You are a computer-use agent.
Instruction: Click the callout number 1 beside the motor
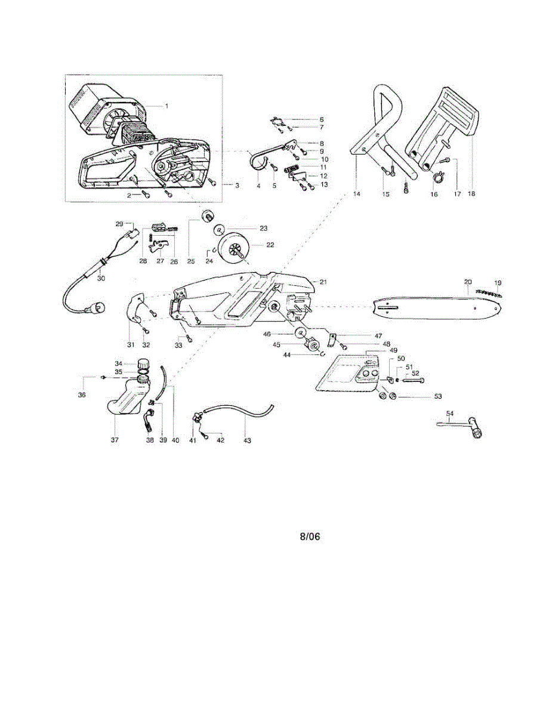pos(166,106)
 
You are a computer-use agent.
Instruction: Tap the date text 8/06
pos(310,536)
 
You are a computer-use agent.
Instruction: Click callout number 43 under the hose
pos(247,440)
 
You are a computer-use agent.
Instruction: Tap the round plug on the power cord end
pos(97,307)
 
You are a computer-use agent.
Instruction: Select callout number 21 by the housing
pos(323,282)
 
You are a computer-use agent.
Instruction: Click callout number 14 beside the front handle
pos(357,194)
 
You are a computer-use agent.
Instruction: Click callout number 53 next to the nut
pos(437,396)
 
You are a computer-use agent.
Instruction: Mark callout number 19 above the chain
pos(497,282)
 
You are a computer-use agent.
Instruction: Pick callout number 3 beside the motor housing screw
pos(236,186)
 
